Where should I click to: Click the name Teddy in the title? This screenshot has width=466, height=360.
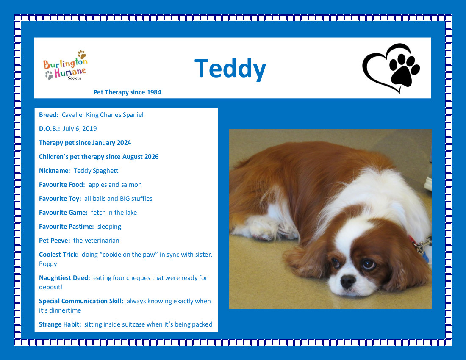(x=230, y=69)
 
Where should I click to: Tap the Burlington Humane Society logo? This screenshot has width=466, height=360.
(x=65, y=65)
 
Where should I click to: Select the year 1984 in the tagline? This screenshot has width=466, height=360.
(x=154, y=92)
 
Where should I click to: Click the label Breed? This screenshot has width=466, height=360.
(x=49, y=115)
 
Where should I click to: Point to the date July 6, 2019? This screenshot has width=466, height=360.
(x=80, y=129)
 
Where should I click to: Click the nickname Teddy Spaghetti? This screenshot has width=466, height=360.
(x=97, y=171)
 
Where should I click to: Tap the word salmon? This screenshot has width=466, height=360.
(x=131, y=185)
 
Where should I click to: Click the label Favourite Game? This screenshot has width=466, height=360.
(x=63, y=212)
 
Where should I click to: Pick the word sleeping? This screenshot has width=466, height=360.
(x=109, y=227)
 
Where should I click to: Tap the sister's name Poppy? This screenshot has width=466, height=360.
(x=48, y=264)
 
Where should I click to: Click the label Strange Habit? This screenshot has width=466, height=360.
(x=60, y=324)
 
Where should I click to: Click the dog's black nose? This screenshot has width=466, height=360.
(x=348, y=281)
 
